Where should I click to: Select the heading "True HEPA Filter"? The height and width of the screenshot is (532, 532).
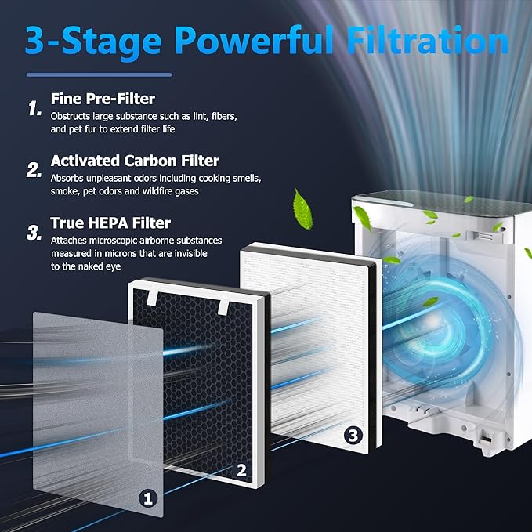pos(110,223)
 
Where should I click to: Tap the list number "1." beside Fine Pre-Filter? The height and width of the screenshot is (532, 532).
pos(34,109)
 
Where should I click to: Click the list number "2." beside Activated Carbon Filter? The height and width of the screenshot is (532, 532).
pos(34,169)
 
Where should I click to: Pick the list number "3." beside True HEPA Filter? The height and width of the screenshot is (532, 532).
pos(34,232)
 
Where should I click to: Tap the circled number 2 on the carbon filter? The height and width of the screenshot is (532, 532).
pos(242,470)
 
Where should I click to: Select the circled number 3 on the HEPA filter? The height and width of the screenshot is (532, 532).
pos(352,432)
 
